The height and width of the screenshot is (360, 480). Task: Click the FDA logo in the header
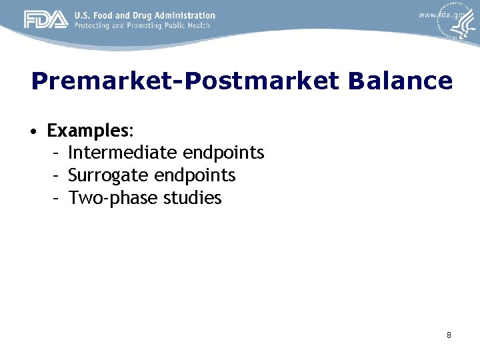[x=46, y=20]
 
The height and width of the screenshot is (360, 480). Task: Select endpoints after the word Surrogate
[x=195, y=175]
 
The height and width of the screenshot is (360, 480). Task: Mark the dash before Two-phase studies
[x=57, y=198]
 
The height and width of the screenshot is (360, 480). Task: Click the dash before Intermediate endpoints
[x=57, y=153]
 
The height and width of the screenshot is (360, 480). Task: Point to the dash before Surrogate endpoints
[x=57, y=175]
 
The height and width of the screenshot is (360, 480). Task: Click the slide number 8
[x=449, y=335]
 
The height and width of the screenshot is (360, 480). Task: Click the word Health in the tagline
[x=198, y=25]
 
